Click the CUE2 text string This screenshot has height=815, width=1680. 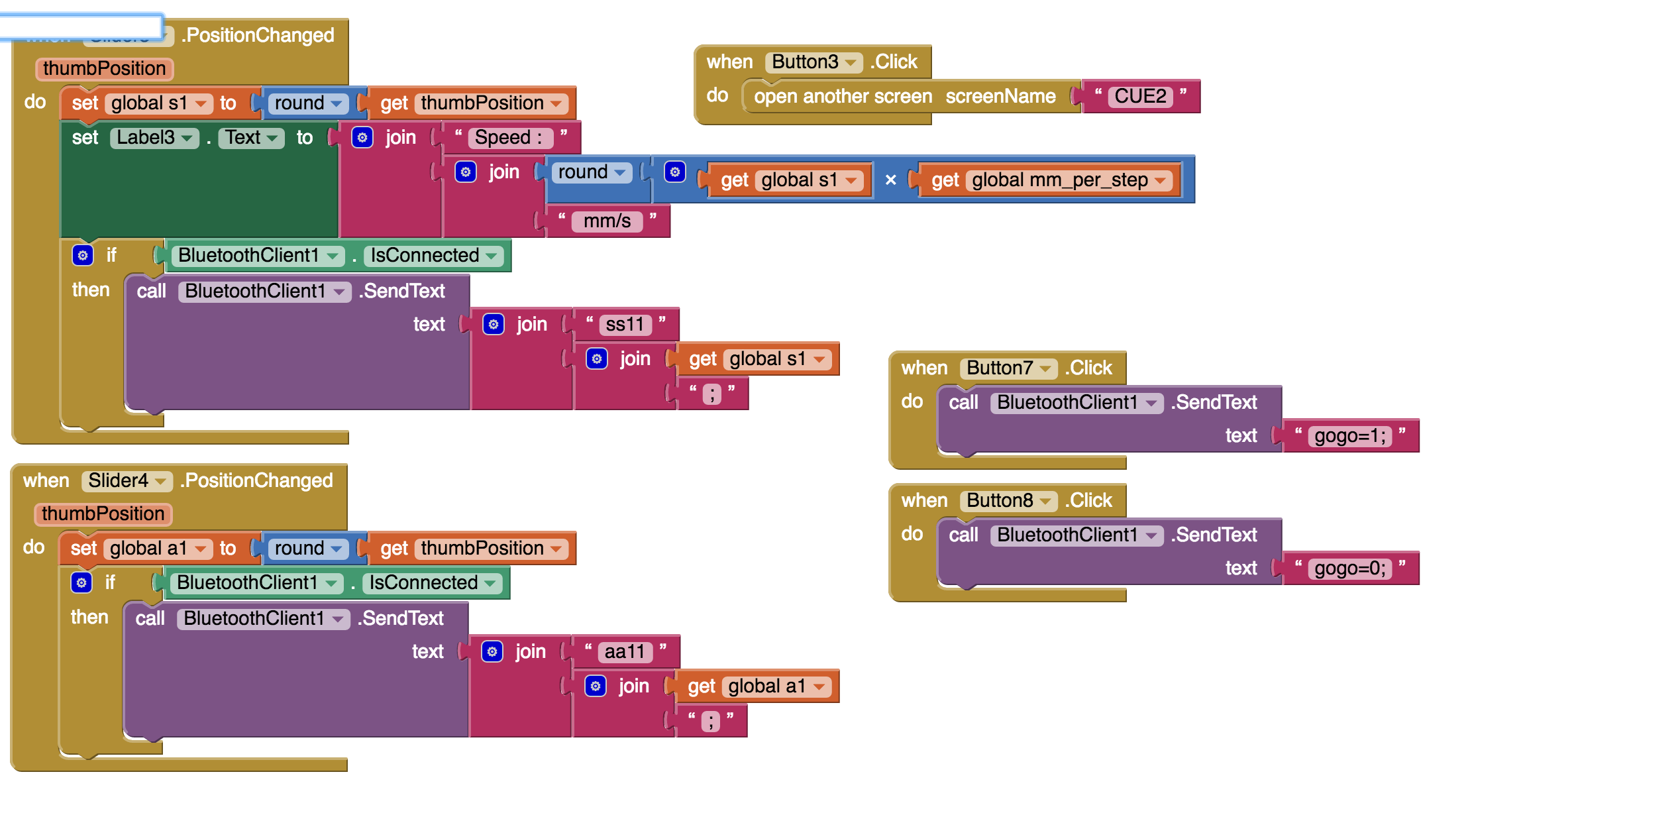[x=1139, y=96]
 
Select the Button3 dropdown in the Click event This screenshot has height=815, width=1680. [x=814, y=62]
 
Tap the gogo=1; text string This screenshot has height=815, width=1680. [x=1349, y=436]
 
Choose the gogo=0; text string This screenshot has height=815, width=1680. [x=1349, y=569]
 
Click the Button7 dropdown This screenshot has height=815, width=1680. [x=1009, y=368]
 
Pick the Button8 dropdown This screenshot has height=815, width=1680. [x=1009, y=501]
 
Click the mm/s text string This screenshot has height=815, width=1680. [x=607, y=221]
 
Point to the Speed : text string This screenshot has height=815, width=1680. [x=509, y=138]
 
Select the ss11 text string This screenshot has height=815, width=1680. [x=625, y=325]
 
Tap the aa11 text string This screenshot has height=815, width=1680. [x=624, y=652]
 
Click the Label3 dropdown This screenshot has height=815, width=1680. [x=154, y=138]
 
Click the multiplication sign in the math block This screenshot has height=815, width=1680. [x=890, y=180]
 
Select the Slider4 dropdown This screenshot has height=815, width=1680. [x=127, y=481]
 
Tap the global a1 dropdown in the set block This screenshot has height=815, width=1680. [x=157, y=549]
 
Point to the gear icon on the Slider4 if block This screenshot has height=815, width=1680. [x=81, y=583]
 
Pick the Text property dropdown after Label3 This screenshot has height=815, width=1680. [x=251, y=138]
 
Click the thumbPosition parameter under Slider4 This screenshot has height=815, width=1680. [x=103, y=514]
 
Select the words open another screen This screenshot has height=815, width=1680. [x=843, y=97]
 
